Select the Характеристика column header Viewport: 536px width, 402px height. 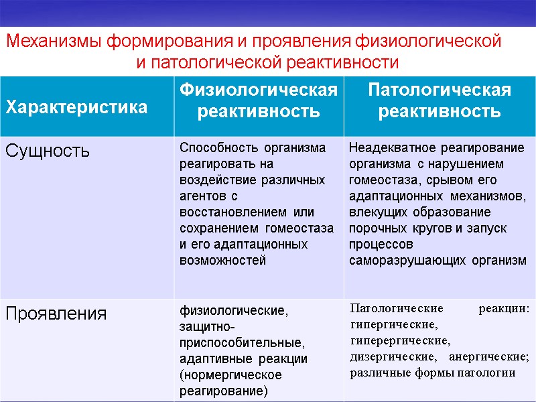[76, 107]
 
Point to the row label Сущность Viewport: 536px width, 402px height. [47, 151]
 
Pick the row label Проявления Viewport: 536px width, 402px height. [56, 314]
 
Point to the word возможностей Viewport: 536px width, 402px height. [222, 261]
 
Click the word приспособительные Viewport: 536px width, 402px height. [241, 342]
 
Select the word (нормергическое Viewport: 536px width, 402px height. [230, 375]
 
